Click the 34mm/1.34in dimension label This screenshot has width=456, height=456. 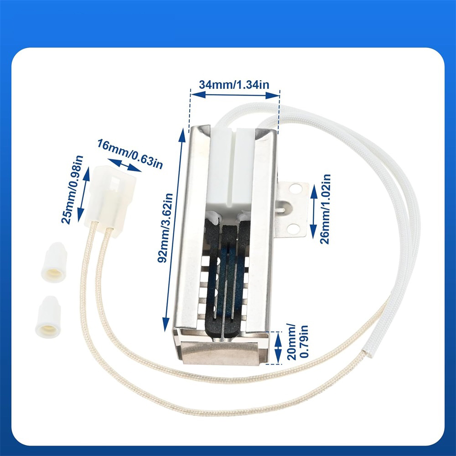click(234, 85)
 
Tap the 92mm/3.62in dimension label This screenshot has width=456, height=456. click(165, 228)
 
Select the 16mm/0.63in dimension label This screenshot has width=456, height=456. click(130, 154)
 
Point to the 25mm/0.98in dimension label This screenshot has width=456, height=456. click(72, 190)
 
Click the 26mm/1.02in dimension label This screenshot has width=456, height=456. click(325, 209)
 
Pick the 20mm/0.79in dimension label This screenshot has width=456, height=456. click(297, 342)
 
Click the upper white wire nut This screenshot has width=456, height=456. click(54, 262)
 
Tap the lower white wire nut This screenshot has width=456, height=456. click(48, 317)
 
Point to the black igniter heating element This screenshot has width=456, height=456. click(227, 276)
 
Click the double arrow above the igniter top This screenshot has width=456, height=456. click(235, 95)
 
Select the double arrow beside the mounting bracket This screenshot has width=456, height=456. click(314, 212)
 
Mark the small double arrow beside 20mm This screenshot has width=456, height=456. click(278, 348)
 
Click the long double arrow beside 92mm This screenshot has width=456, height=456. click(174, 230)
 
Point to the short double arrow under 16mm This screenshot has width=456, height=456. click(124, 165)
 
